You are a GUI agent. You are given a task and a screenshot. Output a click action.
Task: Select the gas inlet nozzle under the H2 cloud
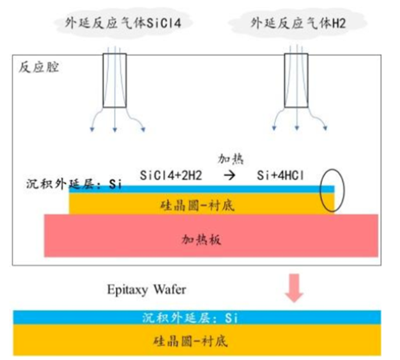click(296, 81)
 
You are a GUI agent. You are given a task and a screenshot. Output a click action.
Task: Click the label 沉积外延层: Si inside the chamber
click(71, 185)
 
